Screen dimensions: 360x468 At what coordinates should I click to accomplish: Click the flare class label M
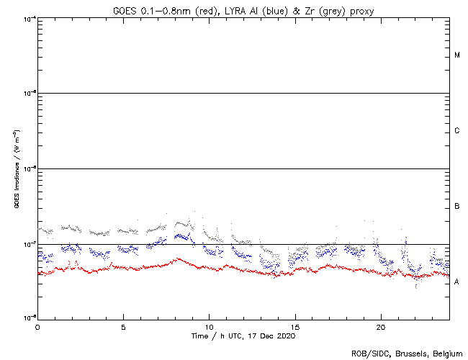pos(457,55)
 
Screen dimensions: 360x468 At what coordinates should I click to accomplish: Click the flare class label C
pos(457,131)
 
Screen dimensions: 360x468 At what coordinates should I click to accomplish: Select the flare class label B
pos(457,207)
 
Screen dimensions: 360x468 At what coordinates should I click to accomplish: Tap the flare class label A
pos(457,282)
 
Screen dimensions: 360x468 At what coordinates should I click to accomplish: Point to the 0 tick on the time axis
pos(37,327)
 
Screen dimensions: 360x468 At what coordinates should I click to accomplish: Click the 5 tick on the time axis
pos(123,327)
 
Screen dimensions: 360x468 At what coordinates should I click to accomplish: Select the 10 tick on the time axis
pos(209,327)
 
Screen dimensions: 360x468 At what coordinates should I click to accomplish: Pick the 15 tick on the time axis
pos(294,327)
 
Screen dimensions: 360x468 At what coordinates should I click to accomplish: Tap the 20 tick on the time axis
pos(380,327)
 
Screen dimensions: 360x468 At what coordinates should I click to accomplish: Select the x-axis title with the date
pos(243,336)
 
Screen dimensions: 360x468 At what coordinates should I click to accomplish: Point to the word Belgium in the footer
pos(446,354)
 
